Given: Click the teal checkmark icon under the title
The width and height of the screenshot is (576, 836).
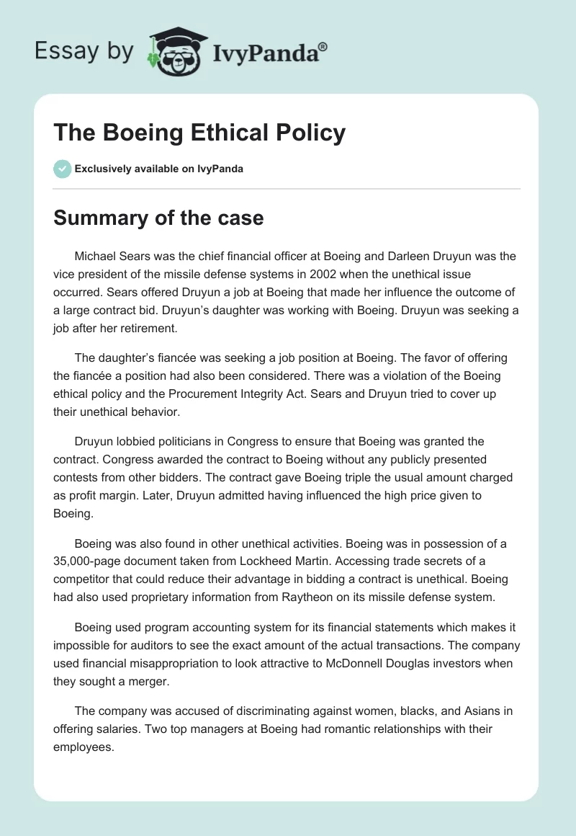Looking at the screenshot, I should [x=62, y=169].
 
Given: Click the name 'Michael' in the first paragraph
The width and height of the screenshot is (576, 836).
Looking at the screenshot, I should [x=95, y=256].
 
